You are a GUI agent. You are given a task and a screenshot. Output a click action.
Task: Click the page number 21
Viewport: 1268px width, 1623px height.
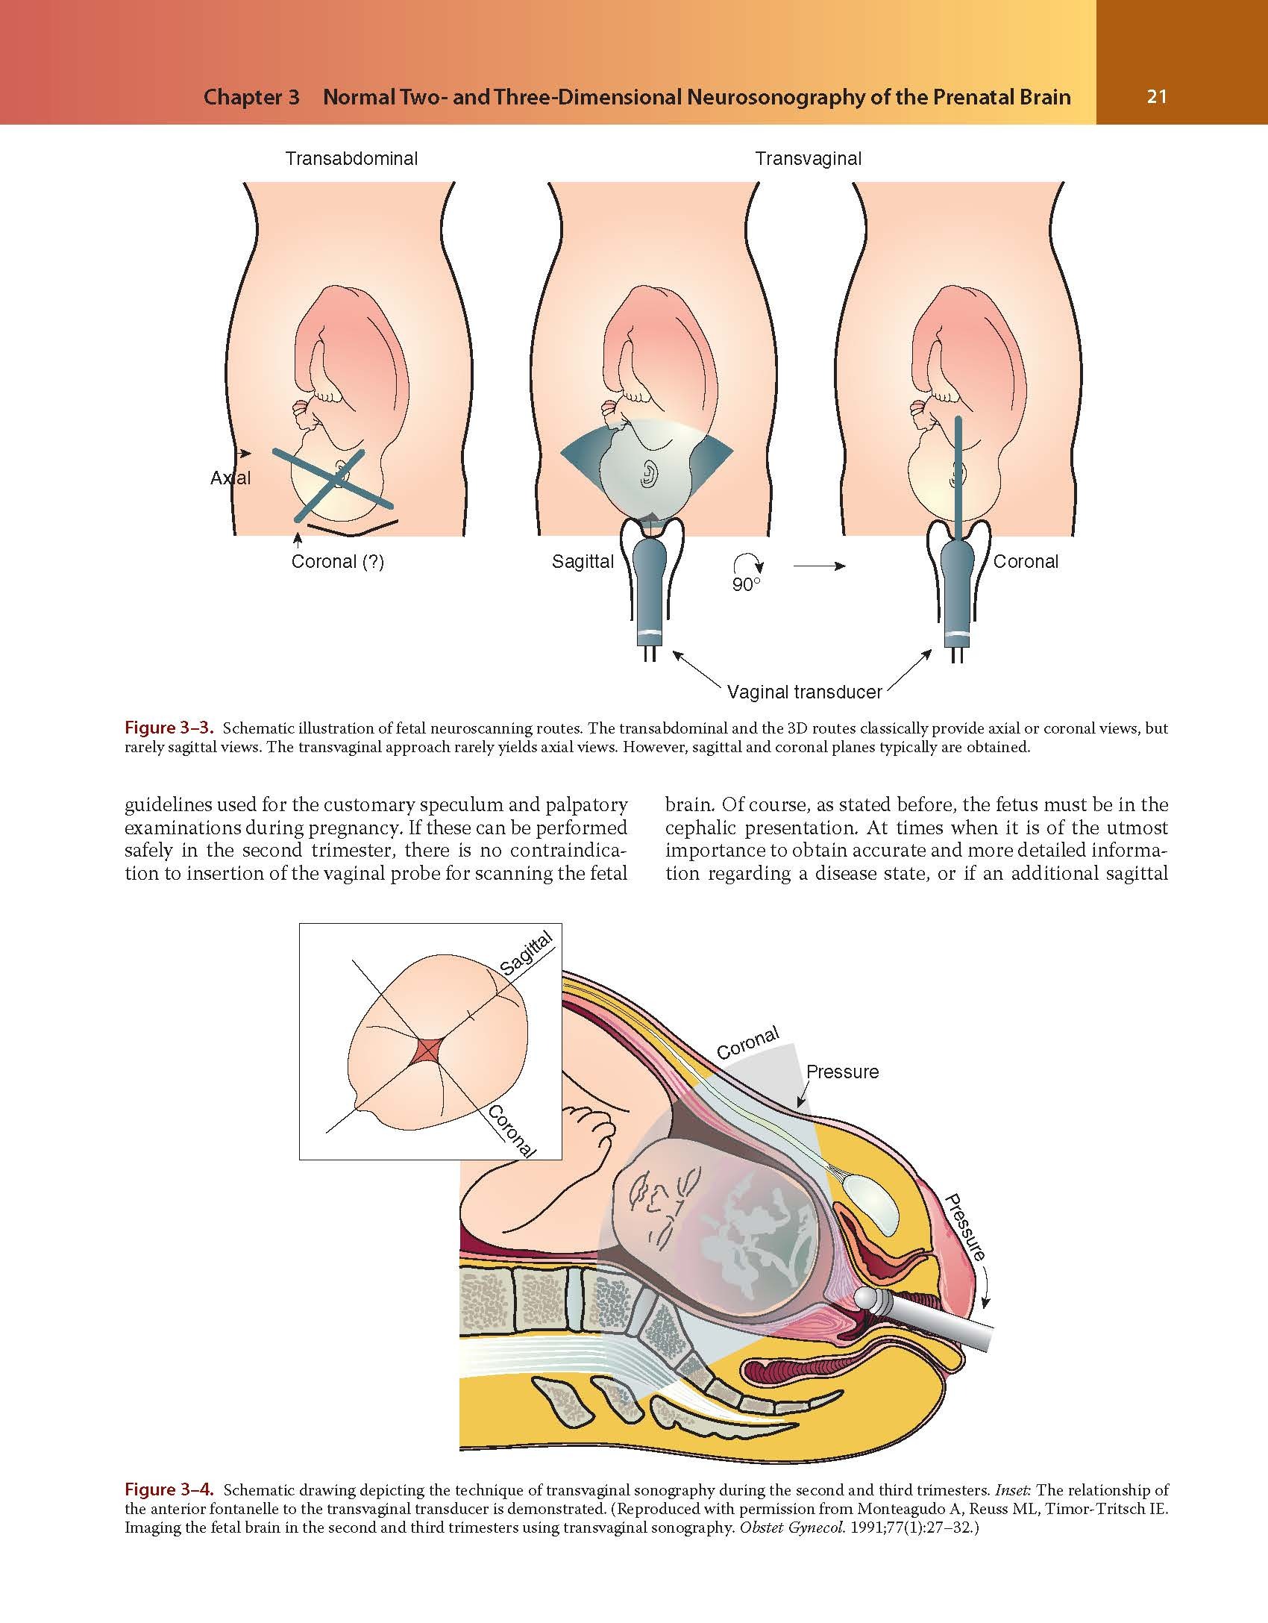tap(1156, 97)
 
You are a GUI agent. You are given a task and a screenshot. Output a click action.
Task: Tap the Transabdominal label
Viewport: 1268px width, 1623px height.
tap(351, 158)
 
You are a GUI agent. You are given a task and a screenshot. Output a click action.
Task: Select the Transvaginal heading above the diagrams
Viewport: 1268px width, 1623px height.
tap(808, 158)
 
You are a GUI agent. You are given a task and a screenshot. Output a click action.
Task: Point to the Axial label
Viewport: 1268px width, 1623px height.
tap(230, 478)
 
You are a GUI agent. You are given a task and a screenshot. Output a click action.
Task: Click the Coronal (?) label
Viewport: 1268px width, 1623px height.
tap(337, 562)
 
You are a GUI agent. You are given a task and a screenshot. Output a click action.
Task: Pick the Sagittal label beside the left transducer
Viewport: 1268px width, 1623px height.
tap(583, 562)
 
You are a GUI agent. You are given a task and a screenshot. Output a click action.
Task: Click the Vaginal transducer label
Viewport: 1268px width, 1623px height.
tap(804, 692)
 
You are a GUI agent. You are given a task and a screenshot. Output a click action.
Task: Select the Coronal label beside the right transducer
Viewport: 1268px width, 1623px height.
tap(1026, 562)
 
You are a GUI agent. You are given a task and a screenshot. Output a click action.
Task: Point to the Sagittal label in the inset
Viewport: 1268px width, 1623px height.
tap(527, 954)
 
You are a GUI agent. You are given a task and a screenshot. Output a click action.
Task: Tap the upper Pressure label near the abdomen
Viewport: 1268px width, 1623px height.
tap(842, 1072)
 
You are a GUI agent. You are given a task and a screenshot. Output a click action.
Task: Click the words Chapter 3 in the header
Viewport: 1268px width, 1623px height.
tap(251, 97)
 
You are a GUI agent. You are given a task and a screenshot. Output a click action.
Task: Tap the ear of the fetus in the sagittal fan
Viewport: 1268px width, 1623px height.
tap(647, 475)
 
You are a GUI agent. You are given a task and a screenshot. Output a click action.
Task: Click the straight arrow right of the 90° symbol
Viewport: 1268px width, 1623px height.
tap(819, 566)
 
